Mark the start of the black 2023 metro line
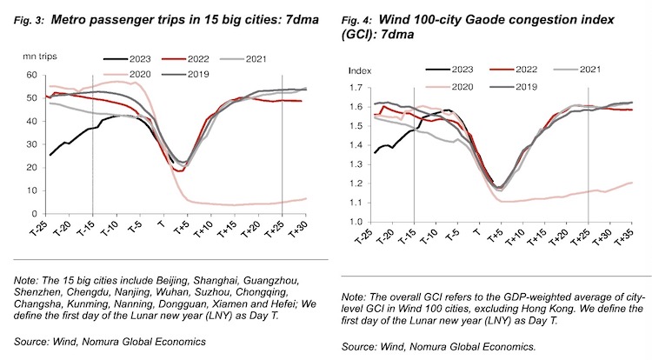51,155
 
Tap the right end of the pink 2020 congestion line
632,183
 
